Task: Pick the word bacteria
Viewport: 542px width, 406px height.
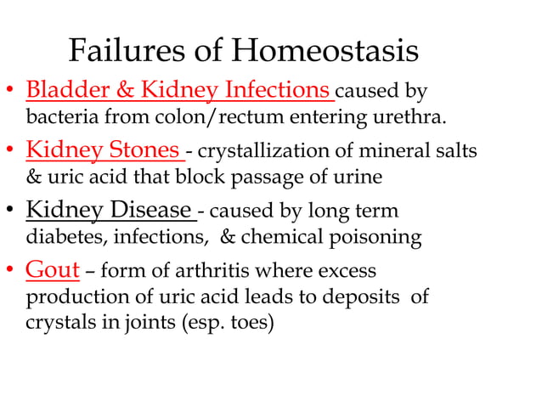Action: click(x=62, y=116)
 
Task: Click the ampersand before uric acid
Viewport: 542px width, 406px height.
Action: click(x=35, y=177)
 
